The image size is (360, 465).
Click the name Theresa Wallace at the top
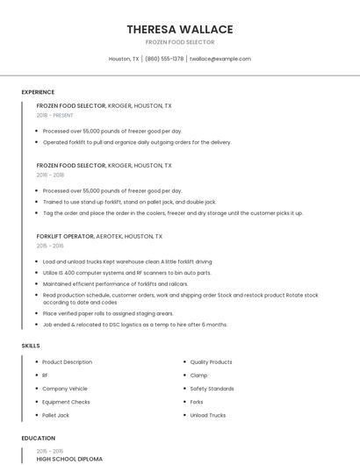point(179,29)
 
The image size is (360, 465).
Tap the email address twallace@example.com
point(220,59)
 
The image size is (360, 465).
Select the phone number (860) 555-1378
point(164,59)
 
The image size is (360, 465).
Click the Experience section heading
point(38,92)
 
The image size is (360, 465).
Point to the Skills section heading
point(31,346)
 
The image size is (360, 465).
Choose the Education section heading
point(38,438)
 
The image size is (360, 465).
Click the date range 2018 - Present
point(55,115)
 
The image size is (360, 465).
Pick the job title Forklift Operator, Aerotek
point(99,236)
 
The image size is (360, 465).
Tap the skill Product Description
point(67,362)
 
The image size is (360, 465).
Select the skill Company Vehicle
point(65,389)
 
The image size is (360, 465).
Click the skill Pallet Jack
point(55,415)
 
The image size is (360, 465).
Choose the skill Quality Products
point(211,362)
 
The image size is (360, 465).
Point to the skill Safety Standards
point(212,389)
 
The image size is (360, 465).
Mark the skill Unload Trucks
point(207,415)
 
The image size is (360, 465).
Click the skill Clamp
point(198,376)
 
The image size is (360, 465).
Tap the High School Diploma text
point(69,459)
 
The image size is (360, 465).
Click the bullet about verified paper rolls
point(108,313)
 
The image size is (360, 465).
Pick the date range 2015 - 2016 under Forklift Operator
point(50,247)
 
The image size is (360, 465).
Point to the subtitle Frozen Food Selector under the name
point(179,42)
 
